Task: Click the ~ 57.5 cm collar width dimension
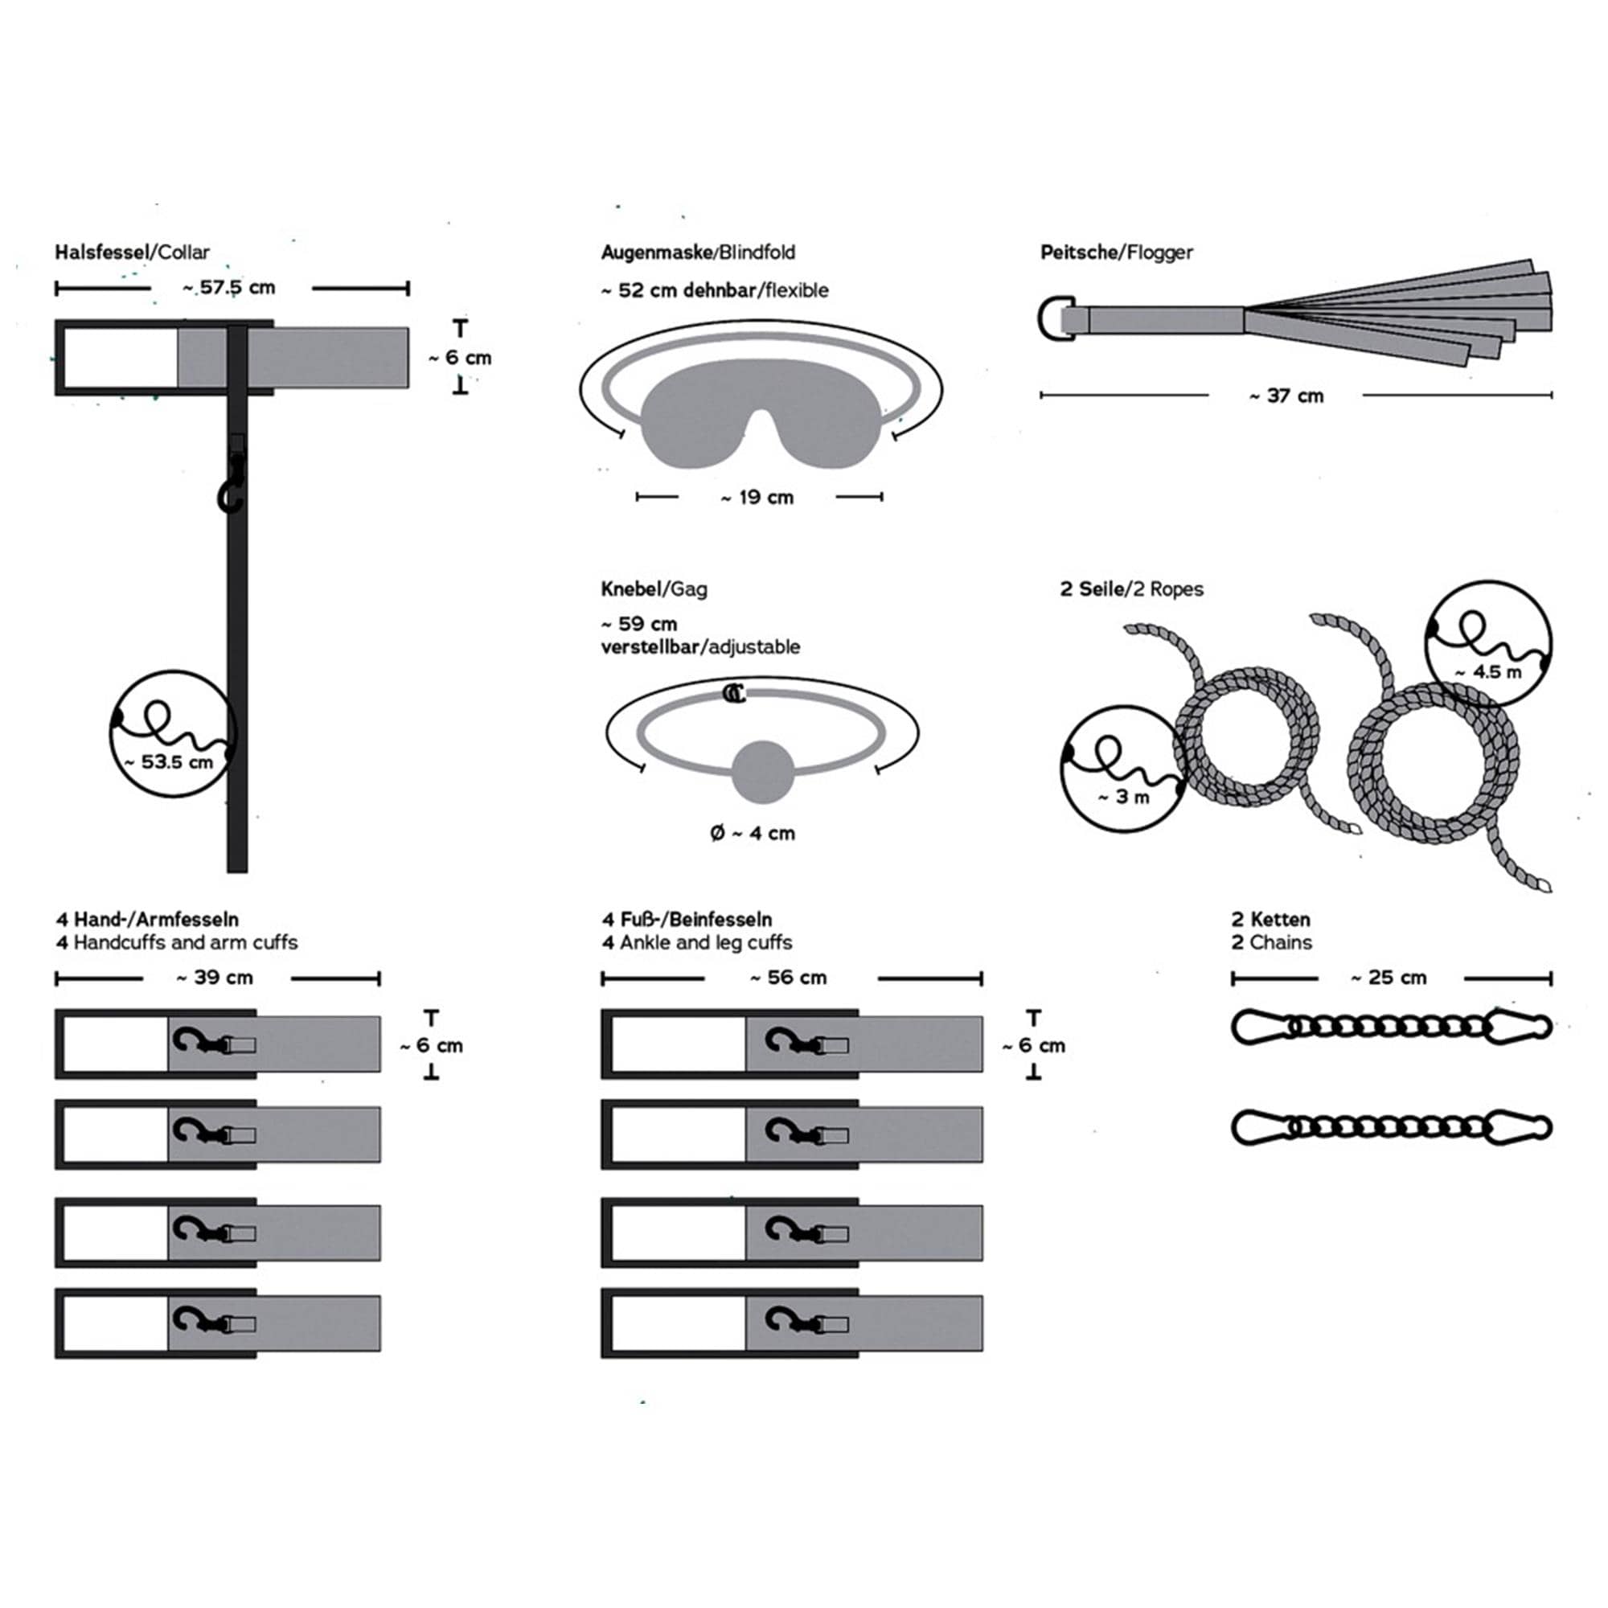229,288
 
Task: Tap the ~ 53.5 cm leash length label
169,761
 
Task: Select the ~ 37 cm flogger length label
1286,396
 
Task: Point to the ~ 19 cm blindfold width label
757,498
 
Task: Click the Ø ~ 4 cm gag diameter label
753,833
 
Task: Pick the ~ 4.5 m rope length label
1488,671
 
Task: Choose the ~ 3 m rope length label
1122,797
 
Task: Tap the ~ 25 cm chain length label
1389,977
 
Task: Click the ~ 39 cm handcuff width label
215,977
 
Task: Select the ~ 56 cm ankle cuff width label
788,977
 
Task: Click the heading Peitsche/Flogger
1116,252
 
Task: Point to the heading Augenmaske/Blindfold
699,252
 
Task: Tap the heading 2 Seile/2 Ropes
1131,589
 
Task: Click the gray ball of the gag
762,772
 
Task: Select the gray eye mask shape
761,424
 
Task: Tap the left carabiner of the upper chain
1261,1026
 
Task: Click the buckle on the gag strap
733,693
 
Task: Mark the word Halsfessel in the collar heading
100,252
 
